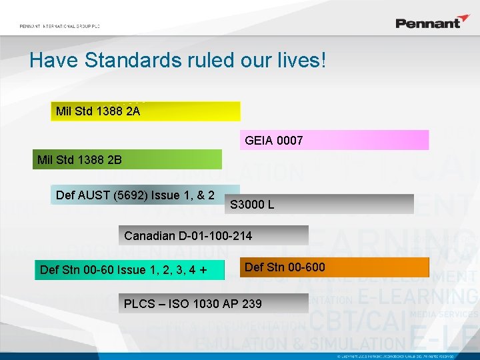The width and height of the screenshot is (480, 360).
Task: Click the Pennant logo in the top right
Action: [x=433, y=22]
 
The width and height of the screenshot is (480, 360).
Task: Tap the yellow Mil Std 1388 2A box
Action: [x=145, y=111]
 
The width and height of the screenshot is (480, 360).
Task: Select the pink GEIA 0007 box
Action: [x=333, y=140]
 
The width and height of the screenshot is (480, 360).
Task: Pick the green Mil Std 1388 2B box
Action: [x=127, y=159]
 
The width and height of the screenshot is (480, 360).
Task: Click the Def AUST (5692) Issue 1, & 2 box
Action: [x=145, y=195]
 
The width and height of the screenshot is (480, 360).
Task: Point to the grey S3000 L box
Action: [x=320, y=204]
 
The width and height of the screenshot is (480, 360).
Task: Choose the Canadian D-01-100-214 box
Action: [x=216, y=235]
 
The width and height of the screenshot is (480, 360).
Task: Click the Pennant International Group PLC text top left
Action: [x=59, y=26]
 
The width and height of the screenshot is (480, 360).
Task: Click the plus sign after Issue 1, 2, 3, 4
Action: [x=202, y=269]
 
